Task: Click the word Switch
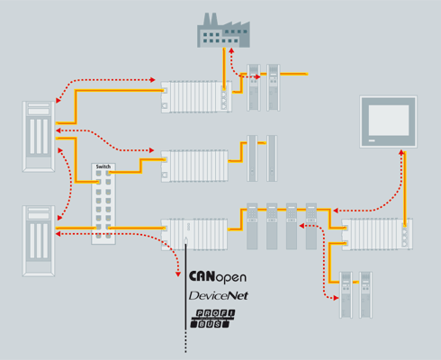pos(104,167)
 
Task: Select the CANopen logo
pos(218,277)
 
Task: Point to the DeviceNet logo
pos(218,296)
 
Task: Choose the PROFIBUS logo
pos(213,318)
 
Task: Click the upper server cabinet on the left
pos(40,137)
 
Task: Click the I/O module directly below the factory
pos(195,96)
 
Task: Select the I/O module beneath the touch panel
pos(377,234)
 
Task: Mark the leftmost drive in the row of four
pos(252,226)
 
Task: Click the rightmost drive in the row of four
pos(311,226)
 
